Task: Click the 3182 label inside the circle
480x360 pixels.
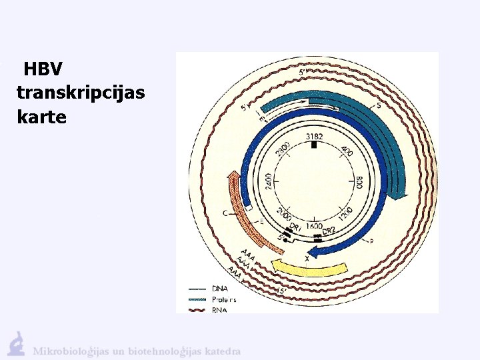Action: (315, 137)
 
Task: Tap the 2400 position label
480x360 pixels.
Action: (269, 181)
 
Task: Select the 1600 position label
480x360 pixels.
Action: (315, 226)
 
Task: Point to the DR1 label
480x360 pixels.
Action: (296, 229)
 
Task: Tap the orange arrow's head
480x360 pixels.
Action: (233, 177)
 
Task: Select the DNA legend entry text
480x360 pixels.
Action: (219, 289)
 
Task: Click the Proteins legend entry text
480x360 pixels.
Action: (223, 299)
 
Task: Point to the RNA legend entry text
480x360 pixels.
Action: (219, 309)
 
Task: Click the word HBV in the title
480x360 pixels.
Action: (43, 69)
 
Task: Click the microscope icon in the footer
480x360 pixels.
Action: (16, 343)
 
